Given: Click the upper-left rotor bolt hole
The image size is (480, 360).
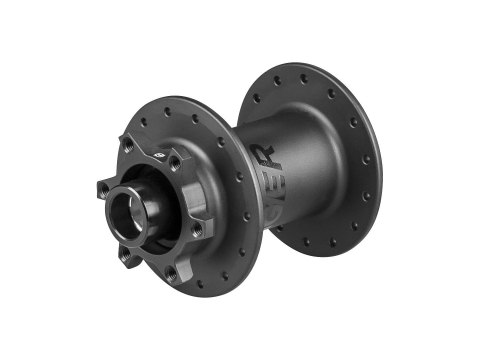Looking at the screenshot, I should pyautogui.click(x=128, y=146).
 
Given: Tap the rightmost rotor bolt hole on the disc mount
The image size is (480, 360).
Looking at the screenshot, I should pyautogui.click(x=198, y=229).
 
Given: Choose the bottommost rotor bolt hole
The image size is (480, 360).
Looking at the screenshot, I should pyautogui.click(x=171, y=272).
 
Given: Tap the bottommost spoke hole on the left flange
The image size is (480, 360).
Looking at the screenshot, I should pyautogui.click(x=224, y=276).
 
